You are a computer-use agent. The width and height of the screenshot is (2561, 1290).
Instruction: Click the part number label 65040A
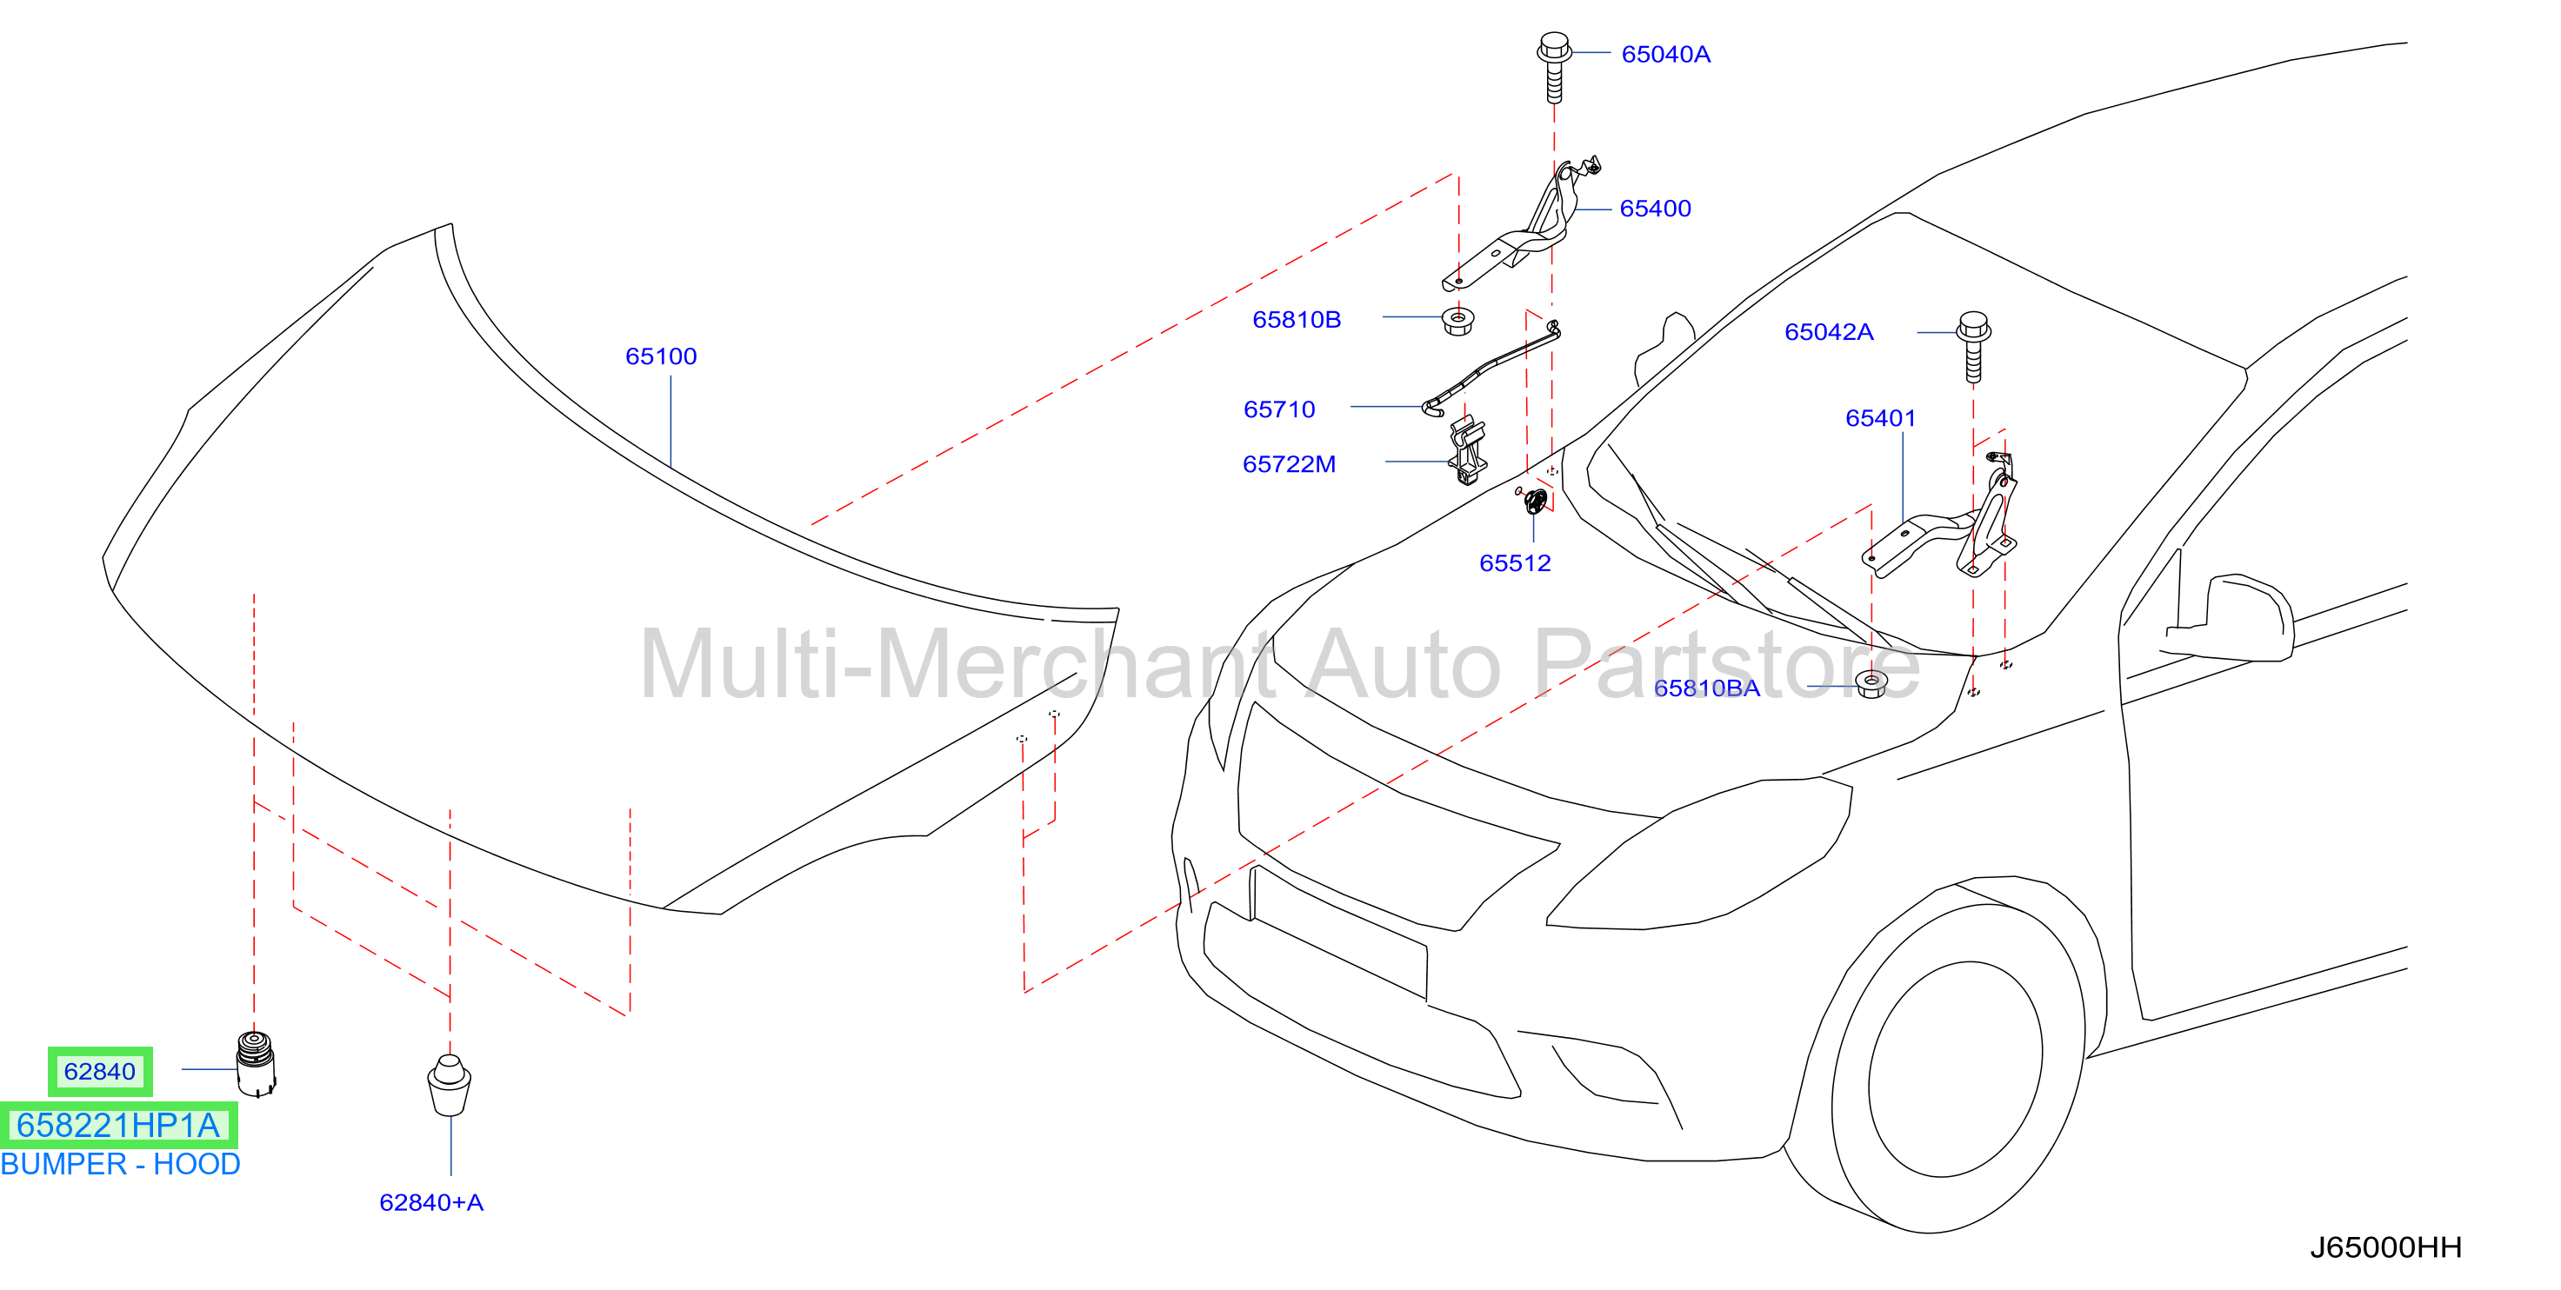pos(1665,55)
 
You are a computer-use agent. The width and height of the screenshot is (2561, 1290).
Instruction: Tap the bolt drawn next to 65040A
pos(1554,68)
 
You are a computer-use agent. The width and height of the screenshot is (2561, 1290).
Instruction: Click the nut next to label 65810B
pos(1457,321)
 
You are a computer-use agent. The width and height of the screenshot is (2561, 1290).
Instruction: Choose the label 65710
pos(1278,409)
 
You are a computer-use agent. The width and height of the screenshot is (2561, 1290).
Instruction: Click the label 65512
pos(1514,563)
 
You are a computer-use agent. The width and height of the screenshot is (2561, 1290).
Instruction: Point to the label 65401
pos(1880,418)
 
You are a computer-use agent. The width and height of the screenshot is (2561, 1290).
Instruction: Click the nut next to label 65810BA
pos(1871,684)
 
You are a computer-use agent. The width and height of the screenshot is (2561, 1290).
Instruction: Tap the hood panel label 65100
pos(660,356)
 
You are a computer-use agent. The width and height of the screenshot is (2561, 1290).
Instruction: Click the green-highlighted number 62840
pos(99,1071)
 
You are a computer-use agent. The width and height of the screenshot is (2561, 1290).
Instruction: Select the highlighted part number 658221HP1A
pos(118,1125)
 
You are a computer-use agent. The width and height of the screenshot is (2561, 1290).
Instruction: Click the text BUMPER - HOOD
pos(120,1164)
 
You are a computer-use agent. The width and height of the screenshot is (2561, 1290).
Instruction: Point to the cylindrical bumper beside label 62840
pos(256,1063)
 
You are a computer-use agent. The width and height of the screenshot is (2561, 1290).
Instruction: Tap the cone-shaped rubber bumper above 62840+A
pos(450,1085)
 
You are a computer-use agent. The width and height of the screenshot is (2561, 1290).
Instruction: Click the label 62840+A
pos(431,1202)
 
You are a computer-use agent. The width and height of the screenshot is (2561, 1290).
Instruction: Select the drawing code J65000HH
pos(2385,1248)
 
